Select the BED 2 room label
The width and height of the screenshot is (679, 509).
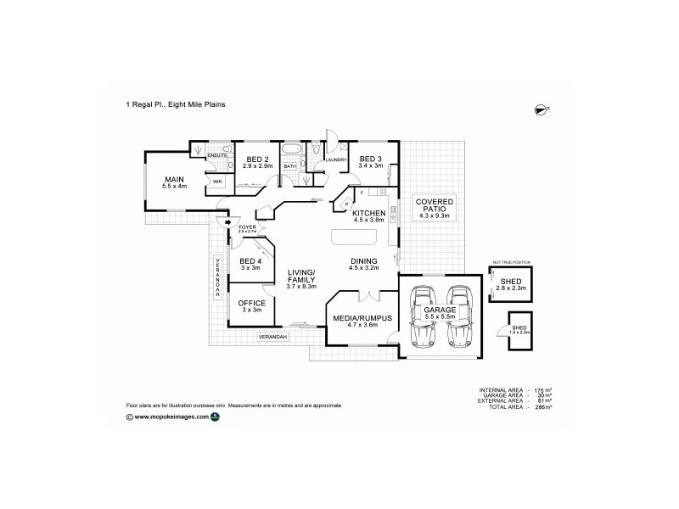(257, 159)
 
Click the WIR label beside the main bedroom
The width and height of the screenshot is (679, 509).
(217, 182)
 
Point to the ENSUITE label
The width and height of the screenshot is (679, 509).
(217, 158)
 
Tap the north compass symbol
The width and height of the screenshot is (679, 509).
(540, 108)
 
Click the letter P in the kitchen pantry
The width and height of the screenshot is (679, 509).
(347, 204)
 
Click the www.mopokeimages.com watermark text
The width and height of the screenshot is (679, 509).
(171, 417)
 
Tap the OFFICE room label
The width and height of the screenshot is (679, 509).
(251, 303)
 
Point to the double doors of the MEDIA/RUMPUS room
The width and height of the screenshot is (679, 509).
(364, 297)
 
